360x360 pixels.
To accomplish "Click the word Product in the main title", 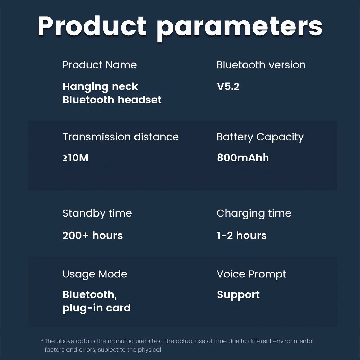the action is tap(92, 26).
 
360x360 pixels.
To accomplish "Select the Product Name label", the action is tap(100, 65).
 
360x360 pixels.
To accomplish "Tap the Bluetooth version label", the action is tap(261, 65).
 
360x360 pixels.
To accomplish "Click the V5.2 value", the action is tap(228, 86).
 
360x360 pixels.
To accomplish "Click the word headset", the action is tap(140, 100).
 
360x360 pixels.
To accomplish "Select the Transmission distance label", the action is tap(121, 137).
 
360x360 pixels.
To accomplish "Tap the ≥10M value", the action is tap(76, 158).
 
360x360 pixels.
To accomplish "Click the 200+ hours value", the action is tap(93, 235).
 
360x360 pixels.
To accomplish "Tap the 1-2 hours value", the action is tap(241, 235).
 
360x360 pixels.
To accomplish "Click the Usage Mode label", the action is tap(95, 274).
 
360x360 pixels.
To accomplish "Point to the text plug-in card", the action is tap(97, 308).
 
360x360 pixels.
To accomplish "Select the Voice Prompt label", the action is tap(251, 274).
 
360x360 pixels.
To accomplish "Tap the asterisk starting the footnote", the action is tap(42, 340).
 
